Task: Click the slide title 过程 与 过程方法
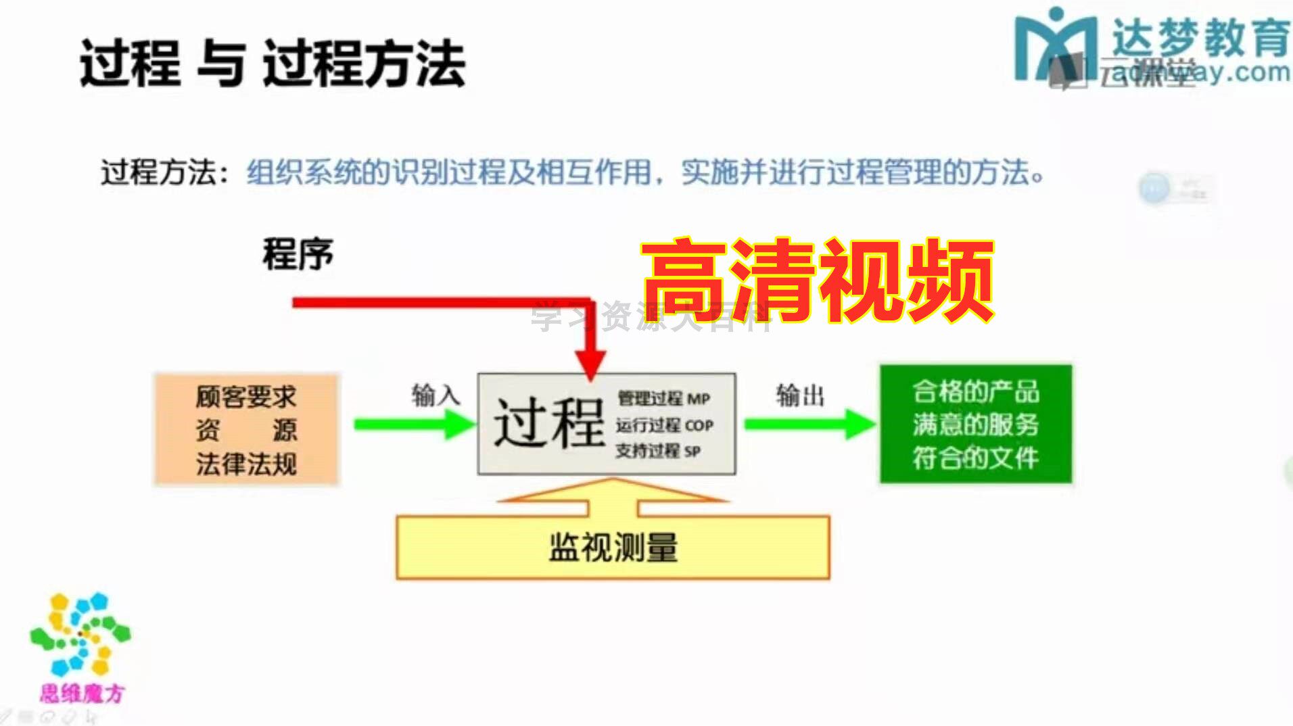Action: tap(273, 64)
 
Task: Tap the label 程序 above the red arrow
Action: tap(298, 254)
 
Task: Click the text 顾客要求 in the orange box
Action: tap(246, 396)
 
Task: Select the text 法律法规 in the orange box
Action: tap(246, 464)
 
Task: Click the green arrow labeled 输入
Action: tap(414, 425)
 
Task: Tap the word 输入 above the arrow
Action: tap(435, 395)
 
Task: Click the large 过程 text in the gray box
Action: tap(548, 423)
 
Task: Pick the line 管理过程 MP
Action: tap(663, 399)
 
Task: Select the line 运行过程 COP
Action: tap(664, 425)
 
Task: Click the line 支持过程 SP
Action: tap(657, 451)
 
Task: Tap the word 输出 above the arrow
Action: tap(799, 395)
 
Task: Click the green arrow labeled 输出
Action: tap(809, 424)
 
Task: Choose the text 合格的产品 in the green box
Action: tap(975, 391)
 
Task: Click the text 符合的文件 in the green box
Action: tap(975, 458)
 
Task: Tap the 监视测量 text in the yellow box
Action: tap(613, 548)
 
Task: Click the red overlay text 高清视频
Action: tap(817, 280)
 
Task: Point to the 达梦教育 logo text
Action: tap(1200, 37)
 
